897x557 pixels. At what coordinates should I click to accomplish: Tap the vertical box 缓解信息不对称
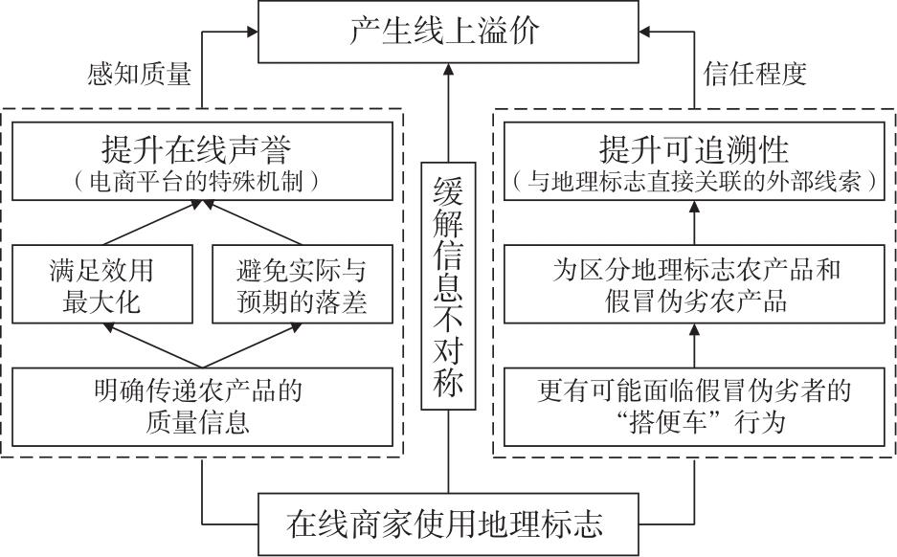pos(447,286)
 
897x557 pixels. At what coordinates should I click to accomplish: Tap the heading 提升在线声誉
pos(200,148)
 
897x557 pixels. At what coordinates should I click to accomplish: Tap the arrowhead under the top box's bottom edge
pos(447,69)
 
